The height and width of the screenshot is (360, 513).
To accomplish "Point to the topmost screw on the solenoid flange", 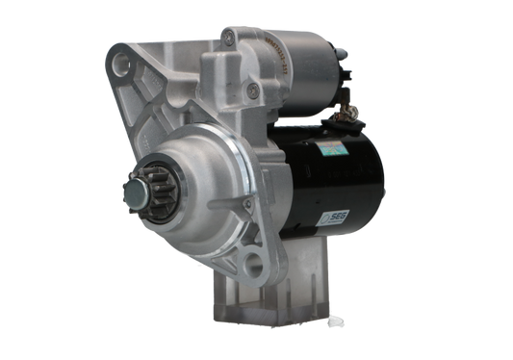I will [x=227, y=38].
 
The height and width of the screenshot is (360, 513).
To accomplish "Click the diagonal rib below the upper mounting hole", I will [x=144, y=106].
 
